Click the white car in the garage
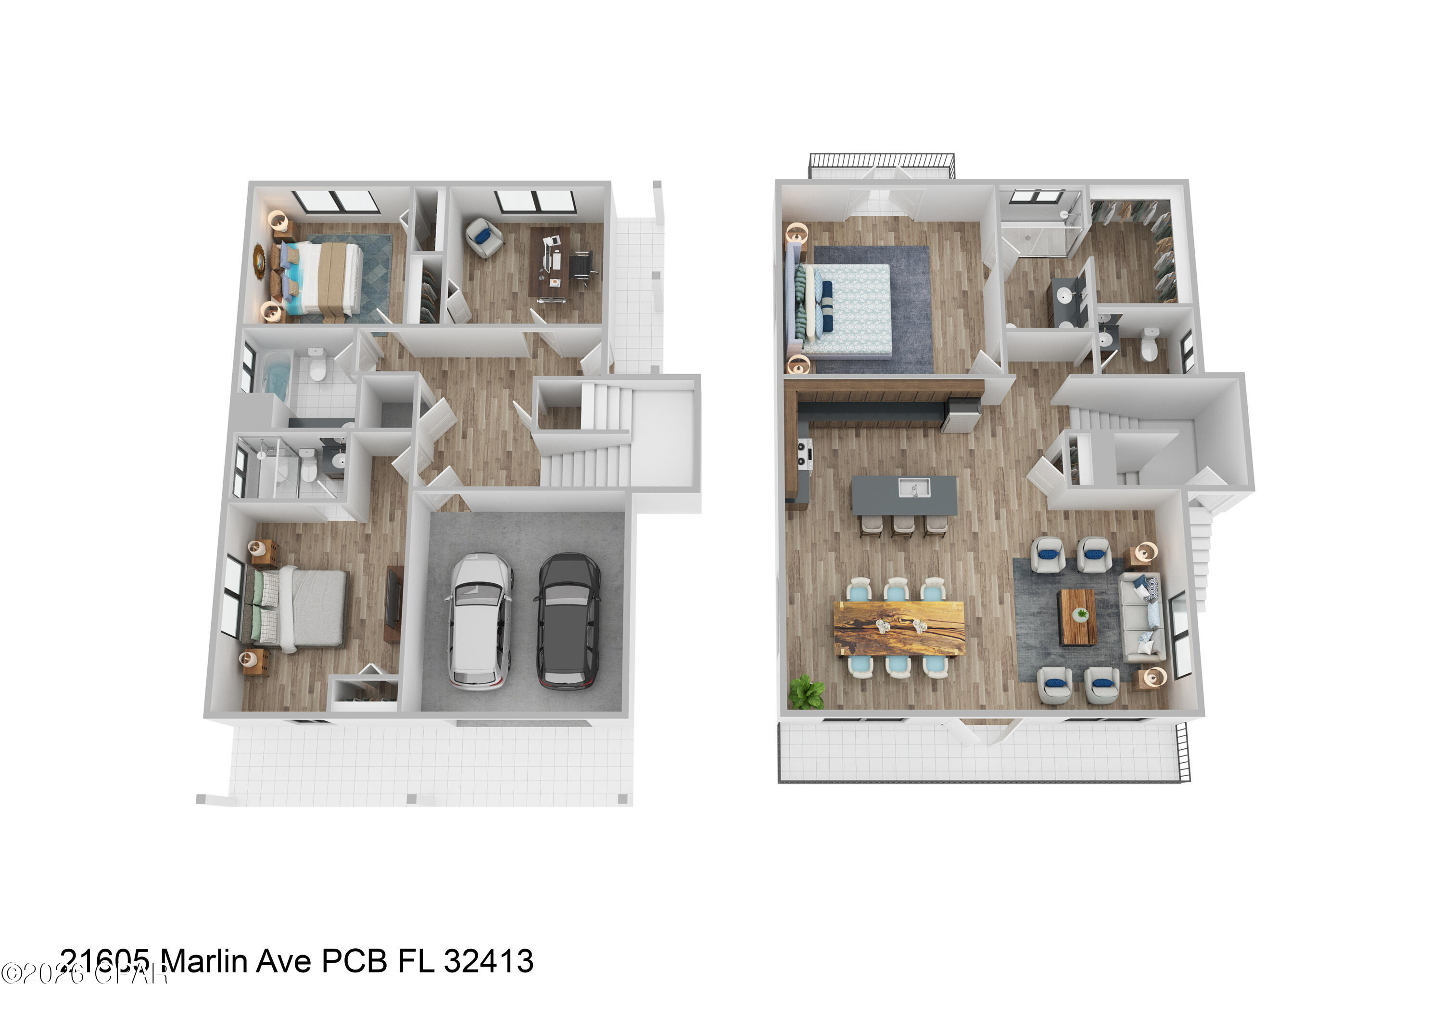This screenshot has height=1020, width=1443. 480,621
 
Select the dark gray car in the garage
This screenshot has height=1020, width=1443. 567,621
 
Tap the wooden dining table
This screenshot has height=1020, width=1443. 899,628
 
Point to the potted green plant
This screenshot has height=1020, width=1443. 806,693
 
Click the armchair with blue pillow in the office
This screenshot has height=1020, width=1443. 484,238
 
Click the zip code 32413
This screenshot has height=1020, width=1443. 488,961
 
